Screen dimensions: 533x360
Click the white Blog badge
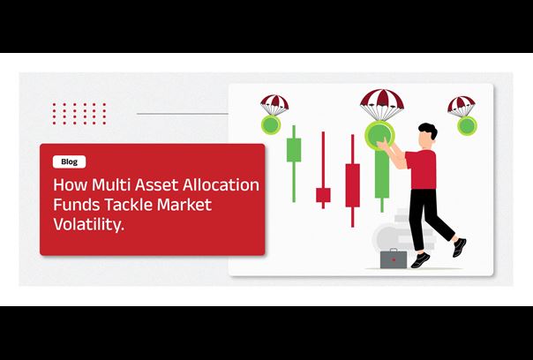click(x=70, y=161)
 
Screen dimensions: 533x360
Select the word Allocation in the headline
click(x=221, y=185)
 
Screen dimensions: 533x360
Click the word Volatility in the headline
click(x=88, y=224)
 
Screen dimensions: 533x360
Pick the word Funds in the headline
click(x=77, y=205)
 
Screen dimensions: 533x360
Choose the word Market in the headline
click(x=184, y=205)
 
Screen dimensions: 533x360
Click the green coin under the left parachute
click(x=271, y=124)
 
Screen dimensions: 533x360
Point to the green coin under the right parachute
click(x=467, y=126)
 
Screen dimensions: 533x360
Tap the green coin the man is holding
click(x=379, y=135)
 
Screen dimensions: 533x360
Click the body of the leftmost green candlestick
click(x=294, y=150)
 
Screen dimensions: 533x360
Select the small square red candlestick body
click(x=323, y=195)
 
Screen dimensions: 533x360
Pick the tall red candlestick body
click(x=352, y=185)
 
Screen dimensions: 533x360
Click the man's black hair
click(x=429, y=131)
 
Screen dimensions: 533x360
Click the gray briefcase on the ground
click(x=394, y=259)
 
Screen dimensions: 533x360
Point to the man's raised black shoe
click(x=459, y=247)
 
